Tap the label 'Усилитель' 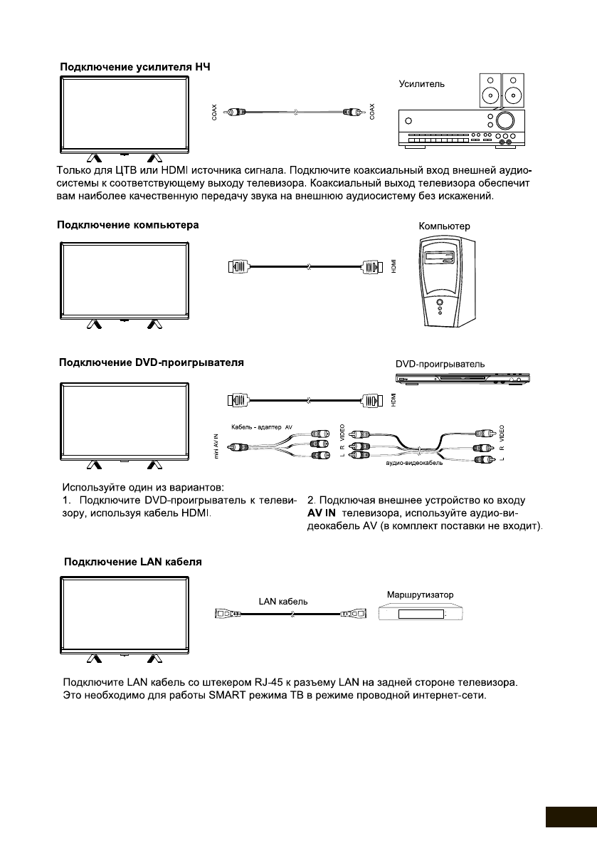[x=422, y=83]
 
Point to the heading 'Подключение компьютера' [x=128, y=225]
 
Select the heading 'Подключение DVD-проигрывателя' [x=151, y=362]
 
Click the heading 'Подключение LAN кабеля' [x=133, y=561]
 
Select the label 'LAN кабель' [x=282, y=600]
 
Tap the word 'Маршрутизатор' [x=420, y=594]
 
